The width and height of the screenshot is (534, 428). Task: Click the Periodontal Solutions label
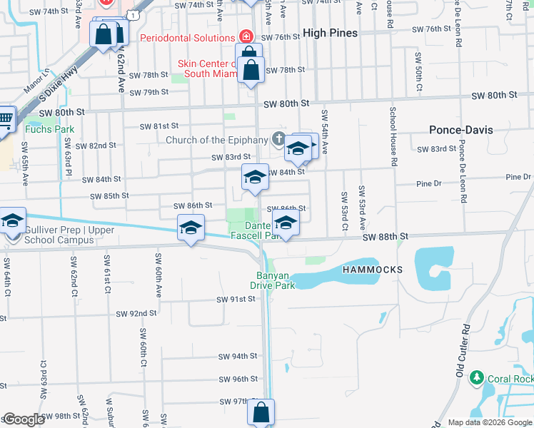188,37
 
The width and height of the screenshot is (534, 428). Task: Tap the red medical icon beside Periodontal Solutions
246,36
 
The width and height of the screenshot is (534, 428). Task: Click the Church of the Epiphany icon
278,139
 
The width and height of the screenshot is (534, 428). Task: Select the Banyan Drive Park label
272,280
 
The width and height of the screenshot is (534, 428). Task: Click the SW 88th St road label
384,236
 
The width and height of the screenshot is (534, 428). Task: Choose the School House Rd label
392,136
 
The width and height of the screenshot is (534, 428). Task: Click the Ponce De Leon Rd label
462,168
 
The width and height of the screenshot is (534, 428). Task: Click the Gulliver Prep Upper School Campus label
60,235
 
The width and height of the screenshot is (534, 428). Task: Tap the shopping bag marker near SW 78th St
251,71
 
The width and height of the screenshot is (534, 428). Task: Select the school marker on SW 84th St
255,176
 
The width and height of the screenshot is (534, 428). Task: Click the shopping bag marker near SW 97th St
261,412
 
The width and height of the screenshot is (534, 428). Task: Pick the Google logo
24,420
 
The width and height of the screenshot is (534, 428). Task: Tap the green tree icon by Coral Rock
475,377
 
